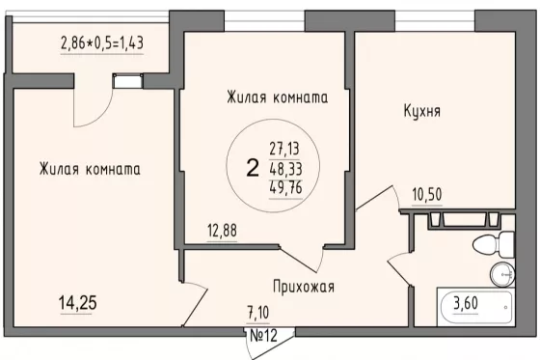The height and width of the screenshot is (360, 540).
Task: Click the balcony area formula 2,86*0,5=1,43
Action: [102, 43]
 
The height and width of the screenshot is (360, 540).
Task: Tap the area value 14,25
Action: [78, 303]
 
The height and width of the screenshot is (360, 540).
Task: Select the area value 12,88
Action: [222, 231]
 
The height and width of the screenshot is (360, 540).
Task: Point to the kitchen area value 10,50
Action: [427, 195]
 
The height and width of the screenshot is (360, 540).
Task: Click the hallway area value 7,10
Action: [258, 313]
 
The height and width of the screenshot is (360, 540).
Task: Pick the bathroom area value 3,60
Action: [466, 303]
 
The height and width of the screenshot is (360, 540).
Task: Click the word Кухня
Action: [422, 111]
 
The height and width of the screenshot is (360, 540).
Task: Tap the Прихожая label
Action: [304, 287]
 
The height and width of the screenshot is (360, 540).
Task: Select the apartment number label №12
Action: [263, 336]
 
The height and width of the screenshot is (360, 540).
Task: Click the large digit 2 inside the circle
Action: [253, 168]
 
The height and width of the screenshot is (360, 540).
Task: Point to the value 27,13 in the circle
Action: [284, 149]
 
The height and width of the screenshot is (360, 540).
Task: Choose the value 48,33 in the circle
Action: [285, 169]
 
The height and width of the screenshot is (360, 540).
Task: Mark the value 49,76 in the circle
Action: [285, 188]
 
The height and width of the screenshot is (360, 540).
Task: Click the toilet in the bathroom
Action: [494, 244]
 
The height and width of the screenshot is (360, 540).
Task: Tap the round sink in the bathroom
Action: [502, 274]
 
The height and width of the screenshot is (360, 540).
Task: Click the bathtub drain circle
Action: [505, 307]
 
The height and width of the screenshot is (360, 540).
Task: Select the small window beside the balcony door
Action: [127, 82]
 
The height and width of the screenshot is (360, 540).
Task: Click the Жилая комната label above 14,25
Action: [90, 169]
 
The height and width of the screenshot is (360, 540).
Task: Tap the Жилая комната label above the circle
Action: [278, 97]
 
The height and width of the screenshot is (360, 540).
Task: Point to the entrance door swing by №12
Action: [270, 345]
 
